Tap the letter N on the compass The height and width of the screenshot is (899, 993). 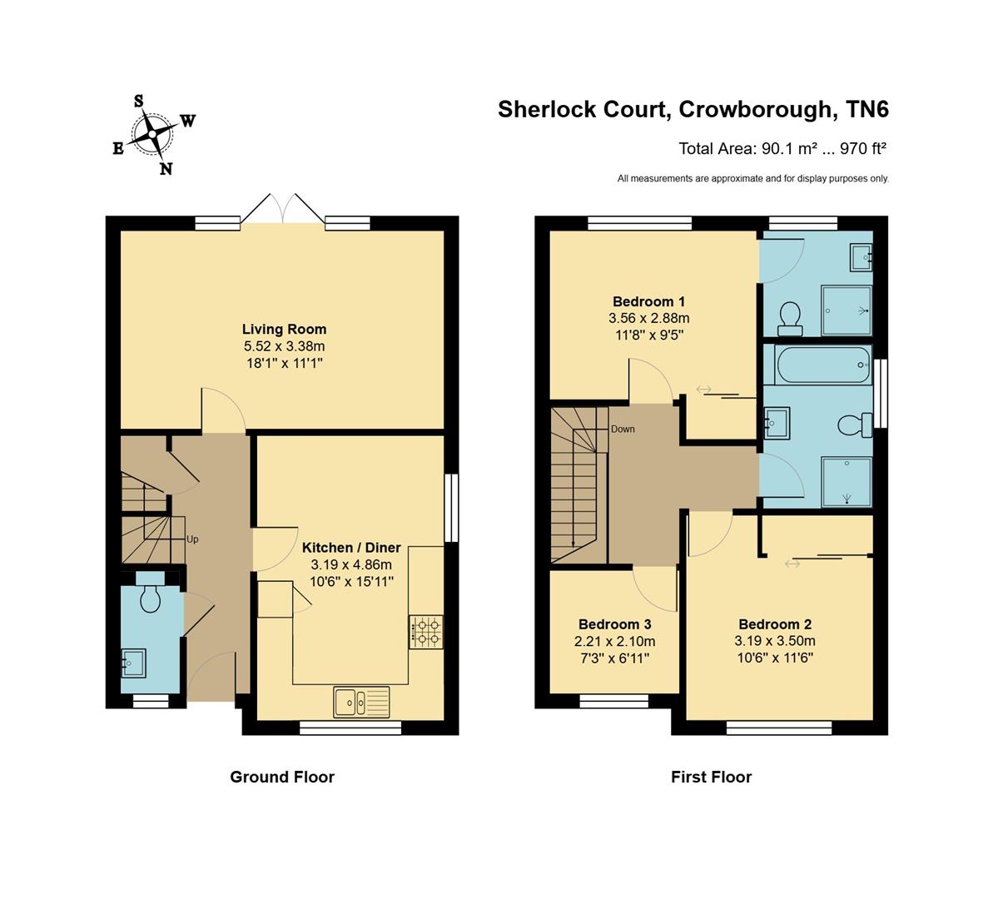coord(166,169)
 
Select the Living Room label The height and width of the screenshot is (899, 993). coord(284,330)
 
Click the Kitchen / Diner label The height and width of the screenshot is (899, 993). coord(350,548)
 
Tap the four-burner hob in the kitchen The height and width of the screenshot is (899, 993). coord(426,632)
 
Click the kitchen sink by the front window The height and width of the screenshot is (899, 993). coord(361,702)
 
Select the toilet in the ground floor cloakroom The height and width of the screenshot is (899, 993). coord(151,597)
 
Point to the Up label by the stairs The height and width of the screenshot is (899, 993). coord(192,539)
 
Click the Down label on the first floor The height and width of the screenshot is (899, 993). coord(623,430)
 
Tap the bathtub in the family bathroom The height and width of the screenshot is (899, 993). coord(822,365)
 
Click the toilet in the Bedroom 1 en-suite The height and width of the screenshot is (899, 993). coord(788,317)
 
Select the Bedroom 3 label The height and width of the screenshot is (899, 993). coord(614,624)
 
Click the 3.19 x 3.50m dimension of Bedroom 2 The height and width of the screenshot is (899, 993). coord(774,641)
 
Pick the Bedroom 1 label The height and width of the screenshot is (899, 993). coord(648,301)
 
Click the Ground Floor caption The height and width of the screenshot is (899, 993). coord(282,777)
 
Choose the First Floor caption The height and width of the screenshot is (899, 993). coord(711,777)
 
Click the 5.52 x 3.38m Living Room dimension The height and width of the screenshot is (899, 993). coord(284,346)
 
